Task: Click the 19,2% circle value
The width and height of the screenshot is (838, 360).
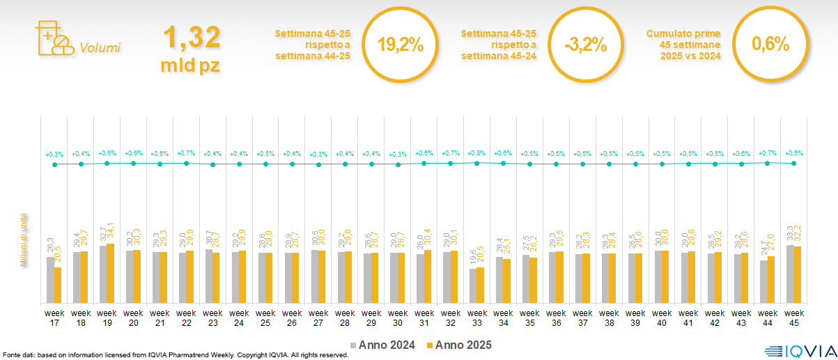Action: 400,45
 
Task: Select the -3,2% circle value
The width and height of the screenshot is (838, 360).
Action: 585,45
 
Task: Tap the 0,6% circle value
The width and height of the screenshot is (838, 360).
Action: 770,45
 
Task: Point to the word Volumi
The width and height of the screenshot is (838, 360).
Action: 100,48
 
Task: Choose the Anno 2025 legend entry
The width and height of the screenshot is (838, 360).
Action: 460,345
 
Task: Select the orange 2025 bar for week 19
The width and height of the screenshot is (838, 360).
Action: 111,274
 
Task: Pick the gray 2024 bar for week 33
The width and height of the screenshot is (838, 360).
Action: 472,285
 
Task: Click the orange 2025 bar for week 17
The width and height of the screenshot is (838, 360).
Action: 58,285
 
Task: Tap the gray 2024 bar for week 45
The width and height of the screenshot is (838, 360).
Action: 790,274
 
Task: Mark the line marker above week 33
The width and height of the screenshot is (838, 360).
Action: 476,162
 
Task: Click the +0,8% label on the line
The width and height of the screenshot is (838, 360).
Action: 476,153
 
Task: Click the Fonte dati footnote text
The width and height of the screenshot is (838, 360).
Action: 174,355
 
